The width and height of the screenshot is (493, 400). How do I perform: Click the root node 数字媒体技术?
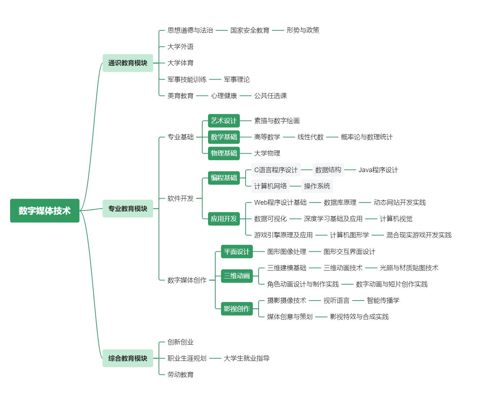click(x=44, y=210)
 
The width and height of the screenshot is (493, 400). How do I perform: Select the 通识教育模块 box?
click(x=127, y=63)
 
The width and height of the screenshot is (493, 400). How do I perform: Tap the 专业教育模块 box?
click(x=127, y=209)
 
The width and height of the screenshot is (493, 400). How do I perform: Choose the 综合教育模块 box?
click(x=127, y=358)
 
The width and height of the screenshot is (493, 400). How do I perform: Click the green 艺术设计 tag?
click(x=224, y=121)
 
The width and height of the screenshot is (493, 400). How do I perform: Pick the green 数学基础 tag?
click(x=224, y=137)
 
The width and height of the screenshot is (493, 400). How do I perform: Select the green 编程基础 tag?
click(x=224, y=178)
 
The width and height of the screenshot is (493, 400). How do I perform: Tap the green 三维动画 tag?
click(x=237, y=276)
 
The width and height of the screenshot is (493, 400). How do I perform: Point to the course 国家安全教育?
click(x=250, y=30)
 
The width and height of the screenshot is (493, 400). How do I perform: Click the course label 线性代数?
click(x=310, y=137)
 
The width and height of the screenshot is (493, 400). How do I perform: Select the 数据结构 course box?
click(x=328, y=170)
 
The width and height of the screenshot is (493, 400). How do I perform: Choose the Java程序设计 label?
click(x=378, y=170)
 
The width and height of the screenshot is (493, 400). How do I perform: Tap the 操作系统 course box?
click(x=317, y=186)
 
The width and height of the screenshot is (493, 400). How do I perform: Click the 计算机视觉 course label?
click(x=396, y=219)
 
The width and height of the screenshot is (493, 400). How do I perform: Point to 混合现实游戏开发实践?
click(x=419, y=235)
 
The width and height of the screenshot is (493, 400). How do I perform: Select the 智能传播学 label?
click(x=383, y=301)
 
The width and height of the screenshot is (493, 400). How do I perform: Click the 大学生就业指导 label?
click(x=246, y=358)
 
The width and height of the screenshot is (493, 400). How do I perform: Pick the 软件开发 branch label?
click(x=180, y=198)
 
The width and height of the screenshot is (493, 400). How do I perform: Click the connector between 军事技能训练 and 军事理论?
click(x=215, y=80)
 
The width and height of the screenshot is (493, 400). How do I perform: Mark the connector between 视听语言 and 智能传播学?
click(x=358, y=301)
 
